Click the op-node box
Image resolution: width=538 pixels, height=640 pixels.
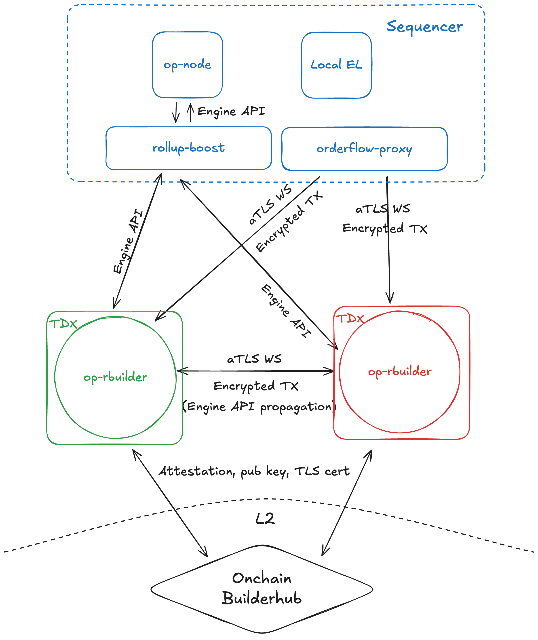(x=187, y=65)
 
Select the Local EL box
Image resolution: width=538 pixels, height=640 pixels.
(x=336, y=65)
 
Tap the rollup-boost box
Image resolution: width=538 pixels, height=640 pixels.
(x=188, y=148)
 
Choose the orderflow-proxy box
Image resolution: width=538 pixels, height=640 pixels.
(x=364, y=149)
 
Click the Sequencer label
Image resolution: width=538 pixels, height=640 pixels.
(x=424, y=27)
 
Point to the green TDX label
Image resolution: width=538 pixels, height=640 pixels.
(x=63, y=324)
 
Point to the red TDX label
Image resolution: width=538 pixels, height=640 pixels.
(x=350, y=318)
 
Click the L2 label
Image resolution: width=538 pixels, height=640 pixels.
(x=265, y=518)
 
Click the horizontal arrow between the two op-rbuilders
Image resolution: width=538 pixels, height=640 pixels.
(x=255, y=371)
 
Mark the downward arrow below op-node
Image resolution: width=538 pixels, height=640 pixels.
(x=176, y=112)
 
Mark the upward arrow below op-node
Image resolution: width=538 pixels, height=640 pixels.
(x=191, y=112)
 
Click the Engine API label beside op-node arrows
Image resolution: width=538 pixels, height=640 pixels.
(x=231, y=111)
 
